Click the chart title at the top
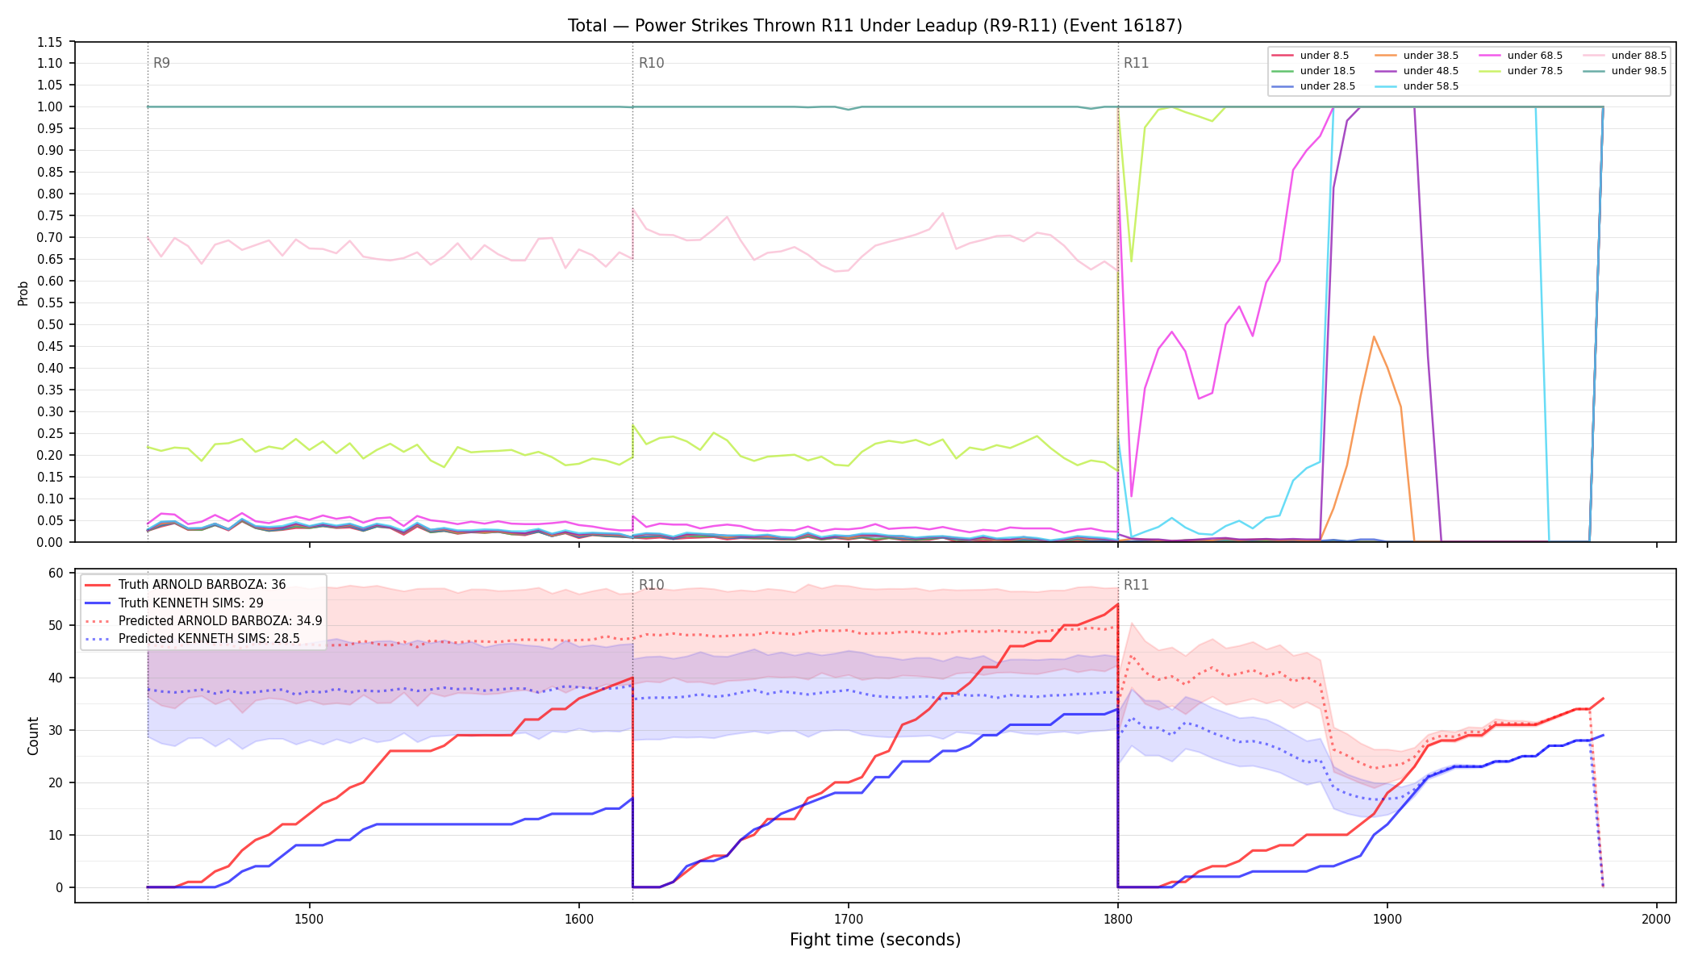[875, 26]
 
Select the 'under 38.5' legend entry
[1417, 56]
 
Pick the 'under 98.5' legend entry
[1625, 71]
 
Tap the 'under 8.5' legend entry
[1310, 56]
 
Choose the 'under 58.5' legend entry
[1417, 86]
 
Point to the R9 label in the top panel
[161, 63]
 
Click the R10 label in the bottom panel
[651, 585]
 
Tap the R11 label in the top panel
[1136, 63]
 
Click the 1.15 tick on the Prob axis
[49, 42]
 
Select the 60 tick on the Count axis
[56, 573]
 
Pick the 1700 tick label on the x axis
[848, 919]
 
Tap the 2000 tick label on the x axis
[1656, 919]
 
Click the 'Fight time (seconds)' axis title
[875, 940]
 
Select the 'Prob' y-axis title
[23, 293]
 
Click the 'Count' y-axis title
[33, 736]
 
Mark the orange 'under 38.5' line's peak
[1374, 336]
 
